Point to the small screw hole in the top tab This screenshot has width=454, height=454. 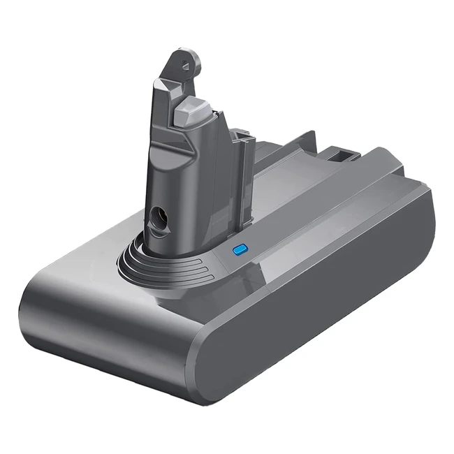tap(188, 61)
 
